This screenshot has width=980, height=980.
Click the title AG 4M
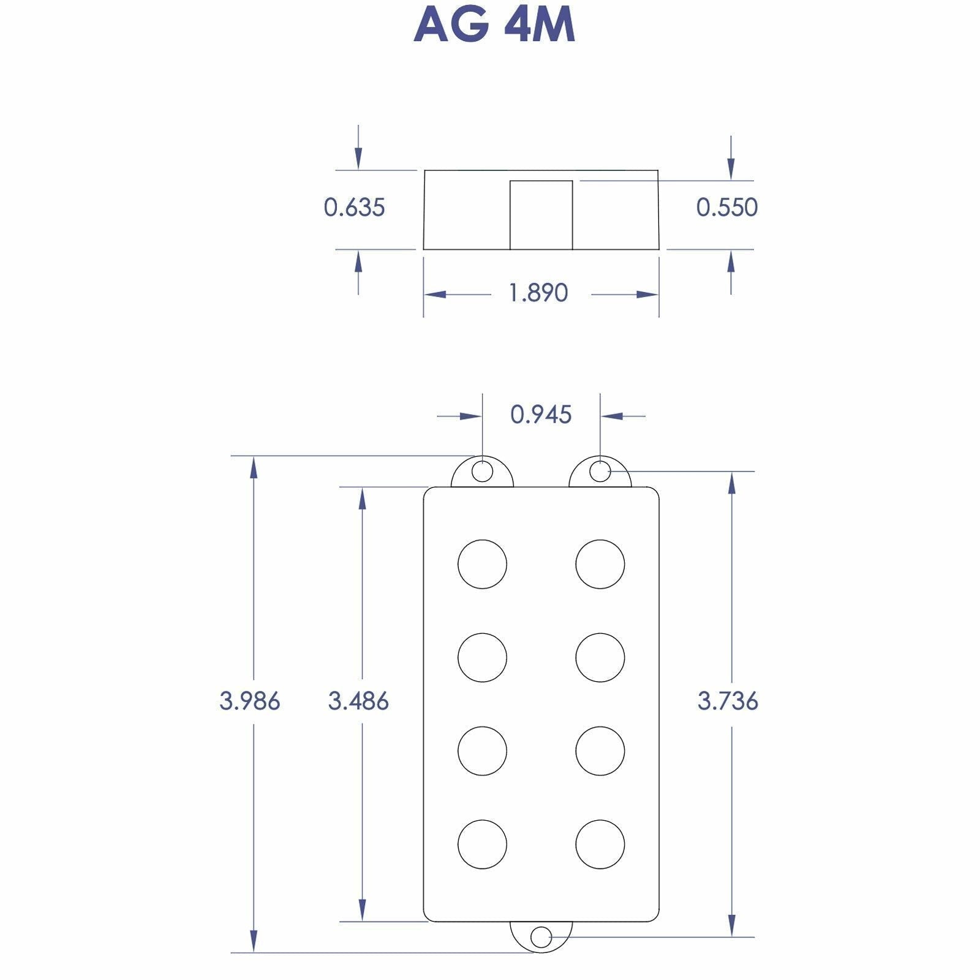[494, 24]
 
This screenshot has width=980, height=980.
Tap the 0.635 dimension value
[354, 208]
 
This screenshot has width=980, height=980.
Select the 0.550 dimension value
[727, 208]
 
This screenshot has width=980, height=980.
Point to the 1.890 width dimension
[538, 293]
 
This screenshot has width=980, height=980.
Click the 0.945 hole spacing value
[541, 415]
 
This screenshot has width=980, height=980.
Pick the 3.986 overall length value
[250, 700]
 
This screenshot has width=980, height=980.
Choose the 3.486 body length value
[358, 700]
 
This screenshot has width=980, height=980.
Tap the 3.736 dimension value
[728, 700]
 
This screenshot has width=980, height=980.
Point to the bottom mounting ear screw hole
[541, 954]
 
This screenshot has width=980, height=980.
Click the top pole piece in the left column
[483, 564]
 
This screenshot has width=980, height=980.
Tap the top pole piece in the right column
[600, 564]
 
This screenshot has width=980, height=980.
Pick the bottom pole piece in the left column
[483, 844]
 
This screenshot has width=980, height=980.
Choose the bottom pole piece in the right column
[600, 844]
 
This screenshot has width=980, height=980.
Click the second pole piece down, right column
[600, 657]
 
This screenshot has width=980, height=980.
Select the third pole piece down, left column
[483, 751]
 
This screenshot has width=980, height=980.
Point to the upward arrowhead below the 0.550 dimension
[731, 262]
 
